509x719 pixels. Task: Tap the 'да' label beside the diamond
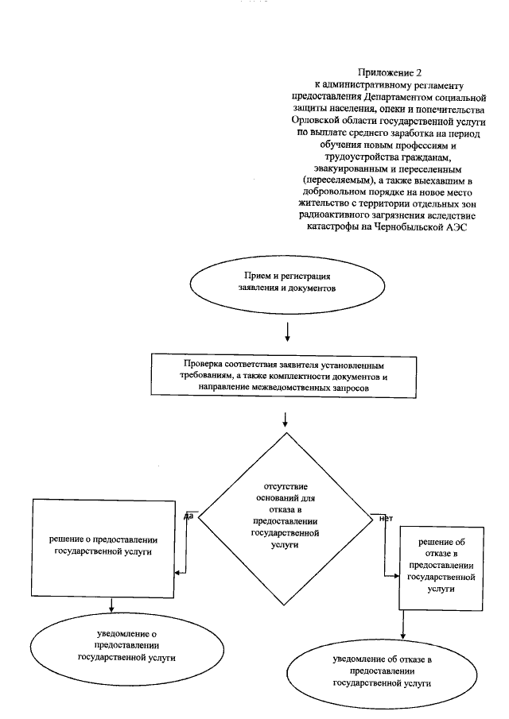[188, 516]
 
